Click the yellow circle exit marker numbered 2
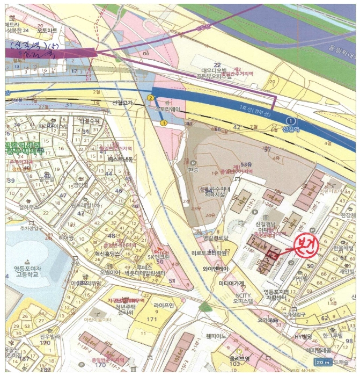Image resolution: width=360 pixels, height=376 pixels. click(x=151, y=98)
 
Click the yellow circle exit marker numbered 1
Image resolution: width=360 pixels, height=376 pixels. click(x=164, y=123)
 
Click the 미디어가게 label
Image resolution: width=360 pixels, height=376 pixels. click(x=231, y=283)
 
